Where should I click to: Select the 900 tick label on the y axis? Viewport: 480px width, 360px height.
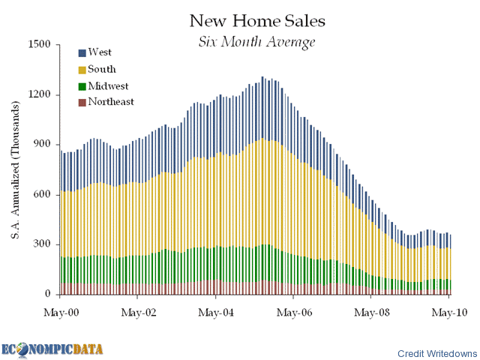(40, 144)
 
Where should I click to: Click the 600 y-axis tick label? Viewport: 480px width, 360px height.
(40, 194)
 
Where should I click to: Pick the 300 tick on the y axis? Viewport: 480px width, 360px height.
(40, 244)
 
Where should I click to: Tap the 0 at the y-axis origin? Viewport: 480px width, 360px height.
(46, 294)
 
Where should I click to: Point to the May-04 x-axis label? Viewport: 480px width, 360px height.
(216, 309)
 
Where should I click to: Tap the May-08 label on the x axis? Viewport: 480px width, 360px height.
(372, 309)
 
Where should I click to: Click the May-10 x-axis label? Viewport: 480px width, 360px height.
(449, 309)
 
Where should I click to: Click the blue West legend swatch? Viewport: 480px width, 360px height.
(82, 52)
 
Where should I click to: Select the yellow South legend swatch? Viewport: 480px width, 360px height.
(82, 70)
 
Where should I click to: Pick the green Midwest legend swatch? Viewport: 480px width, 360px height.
(82, 86)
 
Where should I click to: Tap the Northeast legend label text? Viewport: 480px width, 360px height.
(111, 102)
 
